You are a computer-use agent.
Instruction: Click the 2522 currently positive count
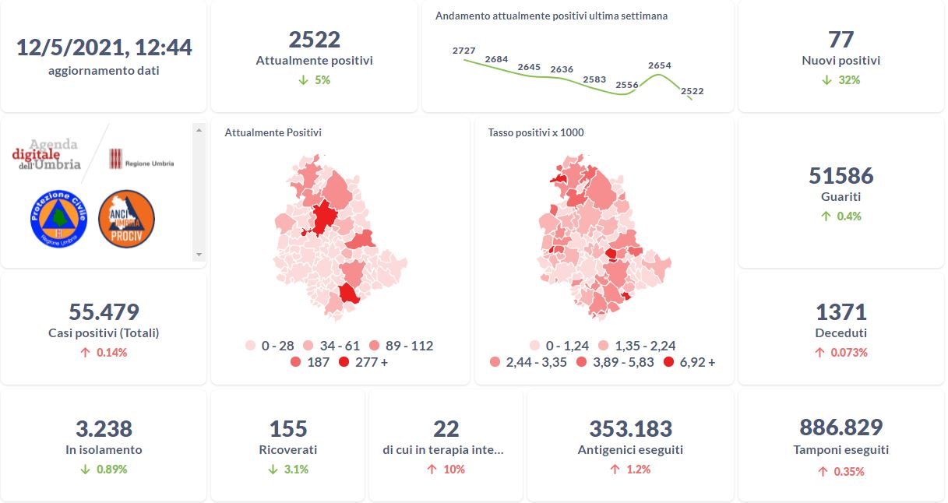point(315,40)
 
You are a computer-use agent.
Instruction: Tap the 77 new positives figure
point(841,40)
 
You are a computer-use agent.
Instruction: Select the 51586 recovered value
point(841,176)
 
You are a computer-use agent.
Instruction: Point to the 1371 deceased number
point(841,312)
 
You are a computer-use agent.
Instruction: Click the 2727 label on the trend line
point(463,51)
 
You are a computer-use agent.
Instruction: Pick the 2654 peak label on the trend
point(659,65)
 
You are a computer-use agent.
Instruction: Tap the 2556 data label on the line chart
point(627,85)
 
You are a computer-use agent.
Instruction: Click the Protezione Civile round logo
point(58,220)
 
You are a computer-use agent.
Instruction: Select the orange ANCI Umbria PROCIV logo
point(126,220)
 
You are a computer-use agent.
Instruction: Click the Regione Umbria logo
point(141,159)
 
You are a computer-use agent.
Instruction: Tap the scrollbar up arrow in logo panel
point(199,130)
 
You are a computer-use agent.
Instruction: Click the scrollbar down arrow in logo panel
point(199,255)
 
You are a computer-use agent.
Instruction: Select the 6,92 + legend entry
point(689,362)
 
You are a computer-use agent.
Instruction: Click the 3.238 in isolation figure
point(104,428)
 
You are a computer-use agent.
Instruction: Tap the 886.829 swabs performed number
point(841,427)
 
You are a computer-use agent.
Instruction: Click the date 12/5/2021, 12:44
point(104,47)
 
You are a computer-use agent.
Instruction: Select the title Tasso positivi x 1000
point(536,132)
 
